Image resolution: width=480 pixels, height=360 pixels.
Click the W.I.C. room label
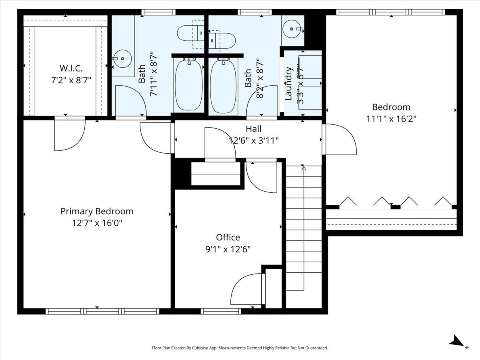point(71,68)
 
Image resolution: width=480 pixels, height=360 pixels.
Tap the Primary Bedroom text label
point(97,212)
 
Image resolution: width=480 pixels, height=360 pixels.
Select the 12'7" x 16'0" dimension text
point(97,223)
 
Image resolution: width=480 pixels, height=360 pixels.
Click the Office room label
point(228,237)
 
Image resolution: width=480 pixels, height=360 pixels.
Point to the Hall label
point(254,129)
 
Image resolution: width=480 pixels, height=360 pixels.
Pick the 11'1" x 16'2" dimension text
point(391,119)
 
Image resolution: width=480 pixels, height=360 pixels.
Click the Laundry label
point(288,84)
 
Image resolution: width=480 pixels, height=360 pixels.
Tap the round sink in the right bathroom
point(292,29)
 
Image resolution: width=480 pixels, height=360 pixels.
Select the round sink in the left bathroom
point(122,58)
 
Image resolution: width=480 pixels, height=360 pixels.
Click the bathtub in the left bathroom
point(189,85)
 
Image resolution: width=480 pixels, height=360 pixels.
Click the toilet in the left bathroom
point(190,33)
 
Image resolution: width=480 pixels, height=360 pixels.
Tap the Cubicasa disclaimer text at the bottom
point(240,348)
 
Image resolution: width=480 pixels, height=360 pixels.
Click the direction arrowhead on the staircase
point(304,168)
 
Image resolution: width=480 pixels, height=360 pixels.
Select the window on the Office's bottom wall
point(221,311)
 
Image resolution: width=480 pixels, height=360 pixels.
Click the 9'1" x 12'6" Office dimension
point(228,249)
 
